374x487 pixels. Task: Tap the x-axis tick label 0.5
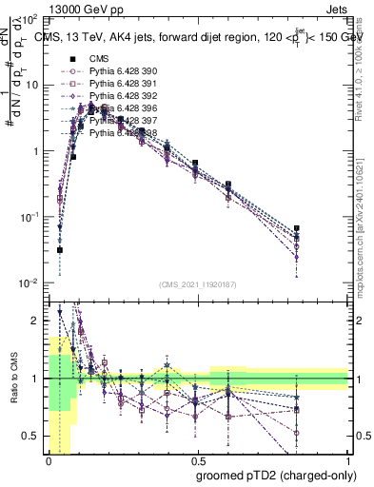(x=197, y=458)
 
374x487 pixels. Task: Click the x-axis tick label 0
(x=49, y=458)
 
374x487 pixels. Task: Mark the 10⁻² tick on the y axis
(x=30, y=282)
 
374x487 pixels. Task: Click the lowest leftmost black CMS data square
(x=60, y=250)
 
